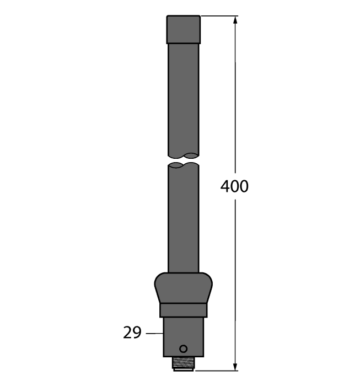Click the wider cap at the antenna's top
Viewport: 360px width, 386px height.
pyautogui.click(x=184, y=29)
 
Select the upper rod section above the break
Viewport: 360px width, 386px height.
pyautogui.click(x=184, y=99)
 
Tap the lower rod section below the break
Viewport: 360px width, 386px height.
pyautogui.click(x=184, y=221)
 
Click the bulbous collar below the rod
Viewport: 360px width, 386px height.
pyautogui.click(x=183, y=288)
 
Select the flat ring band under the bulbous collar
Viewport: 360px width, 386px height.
pyautogui.click(x=183, y=310)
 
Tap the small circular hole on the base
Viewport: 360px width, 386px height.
pyautogui.click(x=184, y=349)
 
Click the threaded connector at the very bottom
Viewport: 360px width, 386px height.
pyautogui.click(x=184, y=364)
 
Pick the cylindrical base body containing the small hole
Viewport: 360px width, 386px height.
pyautogui.click(x=184, y=336)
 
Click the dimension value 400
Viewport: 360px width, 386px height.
pyautogui.click(x=235, y=186)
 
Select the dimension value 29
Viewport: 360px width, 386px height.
pyautogui.click(x=132, y=333)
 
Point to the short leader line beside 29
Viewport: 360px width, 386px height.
pyautogui.click(x=154, y=333)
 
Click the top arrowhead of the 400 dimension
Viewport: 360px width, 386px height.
pyautogui.click(x=236, y=20)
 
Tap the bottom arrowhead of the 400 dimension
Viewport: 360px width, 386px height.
pyautogui.click(x=236, y=365)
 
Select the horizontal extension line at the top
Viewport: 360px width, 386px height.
pyautogui.click(x=218, y=16)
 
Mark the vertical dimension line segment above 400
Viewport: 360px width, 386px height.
pyautogui.click(x=236, y=99)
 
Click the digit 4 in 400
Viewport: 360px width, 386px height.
pyautogui.click(x=225, y=186)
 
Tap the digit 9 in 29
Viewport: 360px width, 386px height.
pyautogui.click(x=137, y=333)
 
